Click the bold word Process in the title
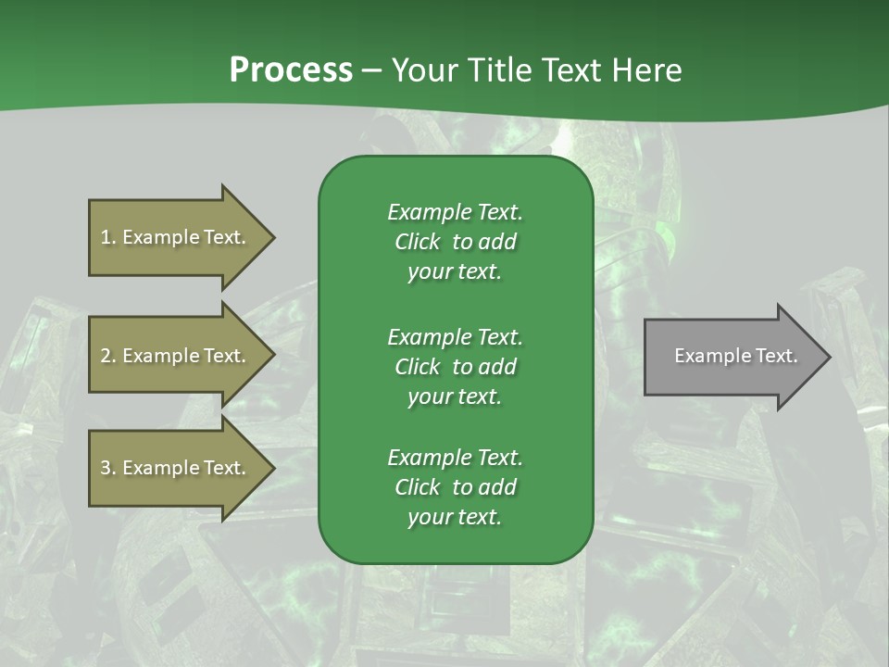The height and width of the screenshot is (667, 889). tap(291, 70)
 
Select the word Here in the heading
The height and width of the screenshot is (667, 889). tap(647, 70)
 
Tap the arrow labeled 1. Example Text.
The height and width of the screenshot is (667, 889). tap(176, 237)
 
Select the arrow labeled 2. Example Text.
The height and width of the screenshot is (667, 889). tap(176, 356)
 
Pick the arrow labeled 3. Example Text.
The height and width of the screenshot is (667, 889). tap(176, 468)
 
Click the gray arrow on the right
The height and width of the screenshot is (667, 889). tap(732, 357)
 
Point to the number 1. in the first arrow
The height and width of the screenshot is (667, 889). tap(108, 237)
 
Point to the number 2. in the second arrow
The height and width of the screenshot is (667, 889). tap(108, 356)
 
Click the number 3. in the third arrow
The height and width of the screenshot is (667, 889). tap(108, 468)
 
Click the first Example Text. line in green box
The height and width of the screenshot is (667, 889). tap(455, 212)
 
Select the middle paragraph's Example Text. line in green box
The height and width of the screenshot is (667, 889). tap(455, 337)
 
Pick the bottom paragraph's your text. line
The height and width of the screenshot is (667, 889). tap(455, 517)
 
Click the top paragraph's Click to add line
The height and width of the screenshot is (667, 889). tap(455, 242)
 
